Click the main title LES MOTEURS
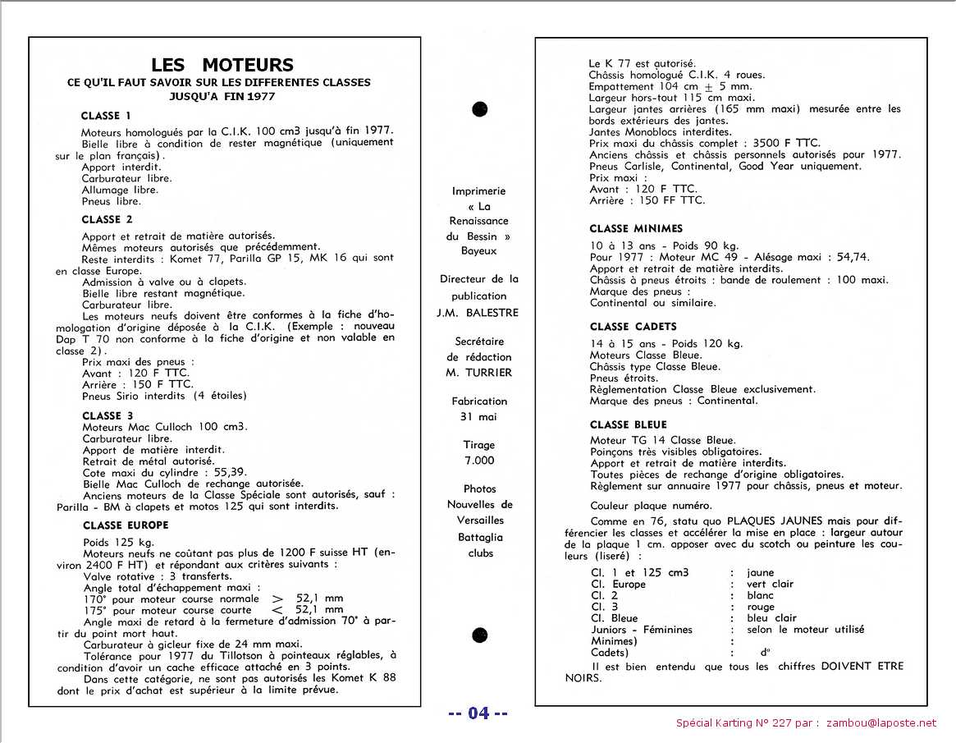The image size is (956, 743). click(x=222, y=65)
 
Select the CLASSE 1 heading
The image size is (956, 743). click(x=112, y=116)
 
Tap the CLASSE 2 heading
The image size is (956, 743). click(x=107, y=219)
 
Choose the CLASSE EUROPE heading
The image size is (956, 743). click(x=126, y=525)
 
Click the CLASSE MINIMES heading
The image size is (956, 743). click(x=636, y=228)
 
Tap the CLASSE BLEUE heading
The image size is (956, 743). click(x=628, y=424)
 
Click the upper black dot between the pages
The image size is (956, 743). click(x=480, y=109)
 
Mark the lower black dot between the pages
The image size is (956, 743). click(x=480, y=635)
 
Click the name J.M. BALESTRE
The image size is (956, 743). click(x=479, y=312)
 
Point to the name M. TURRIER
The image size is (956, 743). click(x=479, y=373)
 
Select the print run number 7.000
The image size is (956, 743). click(x=479, y=461)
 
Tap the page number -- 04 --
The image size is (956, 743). click(x=478, y=713)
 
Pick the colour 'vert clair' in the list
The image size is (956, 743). click(x=771, y=585)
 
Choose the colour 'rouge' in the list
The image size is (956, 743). click(x=761, y=608)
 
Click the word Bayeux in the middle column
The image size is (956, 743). click(x=479, y=250)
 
